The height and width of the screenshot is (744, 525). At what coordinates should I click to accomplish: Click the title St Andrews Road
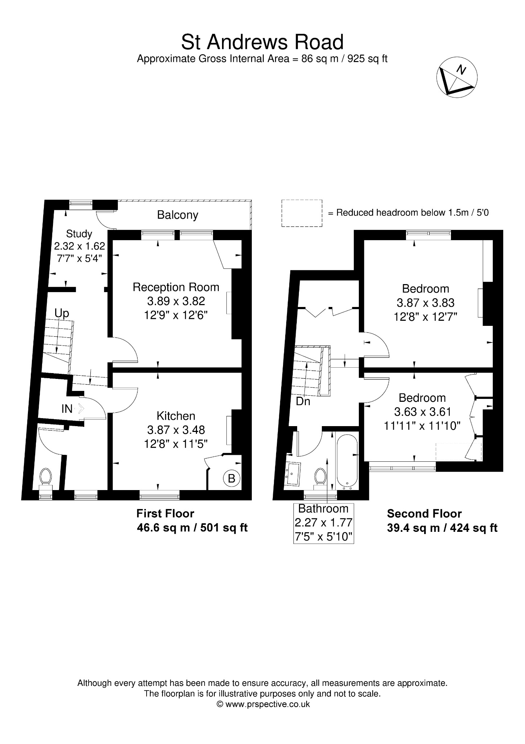262,42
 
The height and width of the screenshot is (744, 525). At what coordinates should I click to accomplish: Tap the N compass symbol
457,78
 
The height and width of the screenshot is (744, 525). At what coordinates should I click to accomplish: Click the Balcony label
177,215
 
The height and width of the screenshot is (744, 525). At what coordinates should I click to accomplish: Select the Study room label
79,246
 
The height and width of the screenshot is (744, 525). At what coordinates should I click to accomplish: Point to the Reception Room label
176,301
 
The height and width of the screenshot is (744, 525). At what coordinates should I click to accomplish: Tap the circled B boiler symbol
231,478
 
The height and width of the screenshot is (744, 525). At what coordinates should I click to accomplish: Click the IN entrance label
67,409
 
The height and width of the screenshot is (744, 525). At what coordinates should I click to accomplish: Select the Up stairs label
62,313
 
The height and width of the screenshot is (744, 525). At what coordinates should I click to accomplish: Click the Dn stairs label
303,401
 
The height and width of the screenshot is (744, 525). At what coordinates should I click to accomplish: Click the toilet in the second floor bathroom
320,476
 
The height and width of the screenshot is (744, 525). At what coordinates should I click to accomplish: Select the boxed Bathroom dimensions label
324,523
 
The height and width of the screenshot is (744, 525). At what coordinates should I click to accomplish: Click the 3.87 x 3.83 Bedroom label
426,303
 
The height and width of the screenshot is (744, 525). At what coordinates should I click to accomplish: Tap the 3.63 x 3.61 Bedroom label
422,412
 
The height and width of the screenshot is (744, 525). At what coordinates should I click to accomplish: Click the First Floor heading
165,513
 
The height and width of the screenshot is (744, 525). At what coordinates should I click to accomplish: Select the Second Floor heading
424,513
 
